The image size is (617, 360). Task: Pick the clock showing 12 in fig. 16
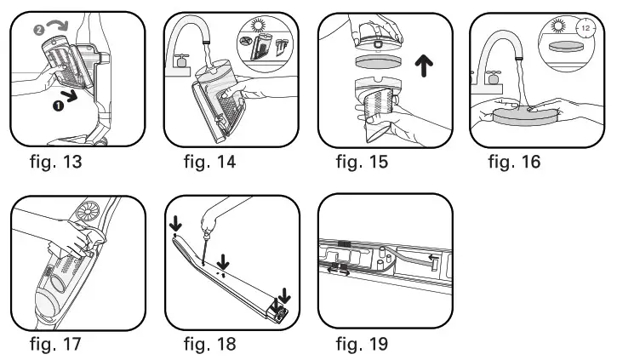click(586, 28)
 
